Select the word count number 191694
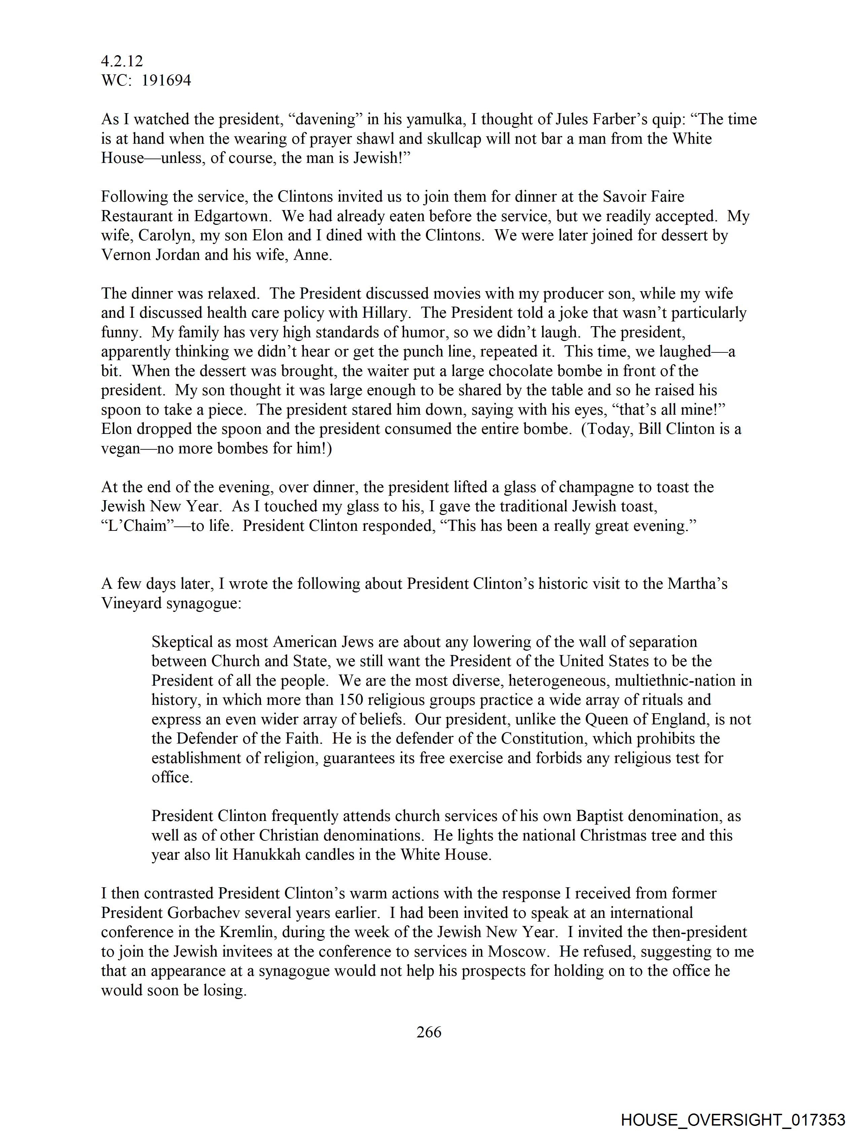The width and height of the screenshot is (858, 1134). point(166,80)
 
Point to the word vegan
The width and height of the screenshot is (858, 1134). point(121,449)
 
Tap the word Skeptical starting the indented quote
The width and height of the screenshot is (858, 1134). point(182,642)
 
